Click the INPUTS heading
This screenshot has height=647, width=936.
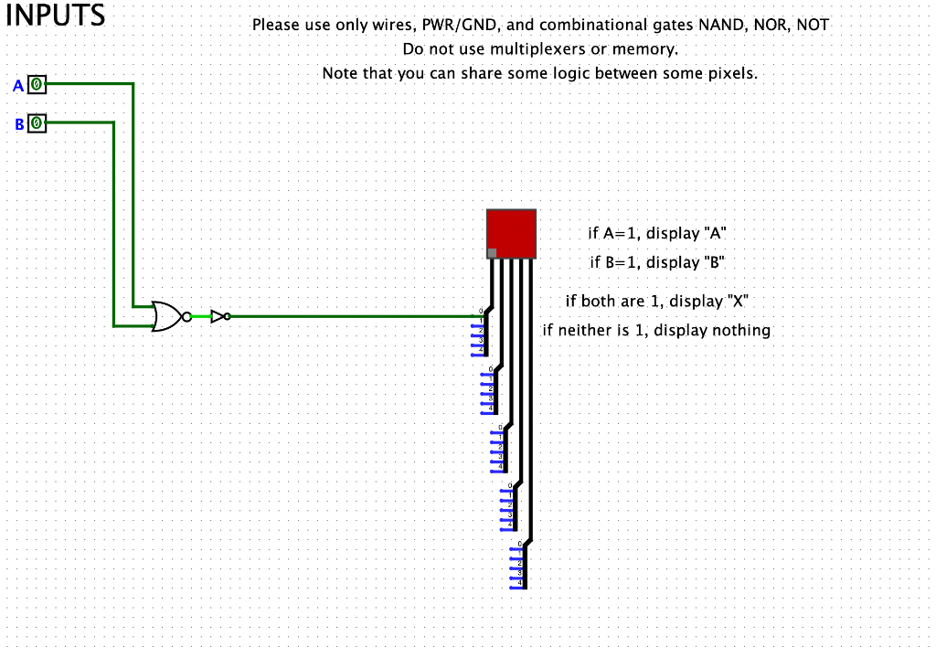[x=55, y=16]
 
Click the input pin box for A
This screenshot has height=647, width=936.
[x=37, y=85]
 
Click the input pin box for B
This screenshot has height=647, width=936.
[x=37, y=122]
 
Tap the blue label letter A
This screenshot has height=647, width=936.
[x=17, y=86]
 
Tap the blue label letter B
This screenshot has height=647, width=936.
[x=18, y=123]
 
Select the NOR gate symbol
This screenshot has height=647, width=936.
[x=168, y=316]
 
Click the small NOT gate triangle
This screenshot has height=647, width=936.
[x=218, y=316]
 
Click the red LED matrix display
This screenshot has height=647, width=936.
[x=511, y=233]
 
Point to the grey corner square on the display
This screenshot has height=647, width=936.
[x=492, y=253]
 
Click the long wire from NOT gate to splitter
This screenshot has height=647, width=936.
[x=356, y=316]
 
